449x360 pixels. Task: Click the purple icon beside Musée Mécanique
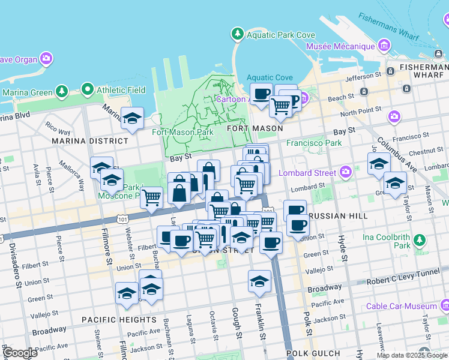pos(384,46)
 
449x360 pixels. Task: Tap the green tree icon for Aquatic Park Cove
pos(238,34)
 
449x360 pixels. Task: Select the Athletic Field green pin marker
pos(88,91)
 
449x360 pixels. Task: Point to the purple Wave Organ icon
pos(46,59)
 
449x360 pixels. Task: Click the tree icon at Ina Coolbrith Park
pos(420,241)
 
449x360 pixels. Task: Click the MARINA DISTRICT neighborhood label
pos(90,141)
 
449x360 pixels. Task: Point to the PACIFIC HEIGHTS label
pos(119,320)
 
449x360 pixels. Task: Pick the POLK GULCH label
pos(313,353)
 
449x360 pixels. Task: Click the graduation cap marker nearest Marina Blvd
pos(132,118)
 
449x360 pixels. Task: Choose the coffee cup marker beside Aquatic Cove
pos(262,95)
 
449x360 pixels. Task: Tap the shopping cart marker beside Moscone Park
pos(152,197)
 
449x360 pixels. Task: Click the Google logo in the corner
pos(20,353)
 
